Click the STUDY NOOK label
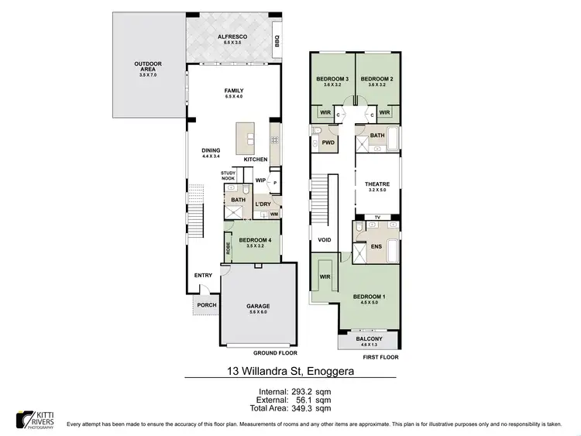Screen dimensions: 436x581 (228, 176)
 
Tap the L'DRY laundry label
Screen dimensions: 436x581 (263, 204)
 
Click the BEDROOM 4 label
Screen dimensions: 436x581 (254, 240)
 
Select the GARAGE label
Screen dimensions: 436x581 (258, 306)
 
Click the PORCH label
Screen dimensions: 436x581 (206, 304)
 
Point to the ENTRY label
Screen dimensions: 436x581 (203, 275)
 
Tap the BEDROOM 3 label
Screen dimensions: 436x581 (332, 79)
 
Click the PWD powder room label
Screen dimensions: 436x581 (328, 142)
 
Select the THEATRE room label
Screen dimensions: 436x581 (377, 184)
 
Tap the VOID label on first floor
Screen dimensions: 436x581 (325, 240)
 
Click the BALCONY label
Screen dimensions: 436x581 (369, 339)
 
